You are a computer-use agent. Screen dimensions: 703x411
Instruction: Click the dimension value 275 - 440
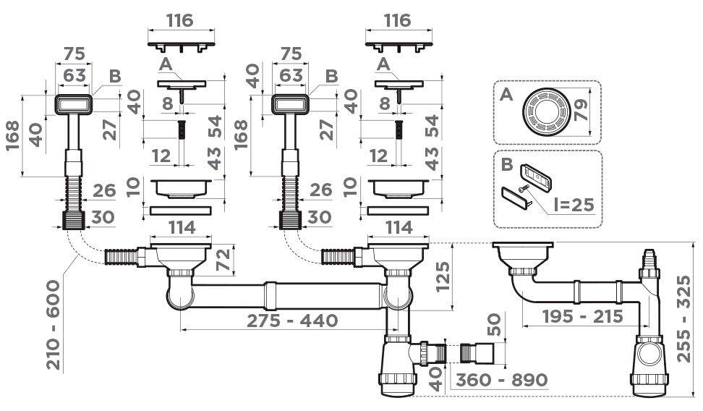tap(292, 321)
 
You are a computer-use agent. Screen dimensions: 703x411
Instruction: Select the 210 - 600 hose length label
tap(54, 325)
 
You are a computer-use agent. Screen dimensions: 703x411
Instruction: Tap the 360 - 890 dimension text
tap(502, 380)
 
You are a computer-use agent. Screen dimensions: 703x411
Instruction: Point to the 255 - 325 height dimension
tap(683, 319)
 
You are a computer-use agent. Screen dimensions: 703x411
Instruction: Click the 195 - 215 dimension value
tap(582, 316)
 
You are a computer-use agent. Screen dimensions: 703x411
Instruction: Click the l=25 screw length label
tap(574, 205)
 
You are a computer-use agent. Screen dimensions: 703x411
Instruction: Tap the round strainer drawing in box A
tap(546, 111)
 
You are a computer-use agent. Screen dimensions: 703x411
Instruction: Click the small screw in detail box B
tap(523, 190)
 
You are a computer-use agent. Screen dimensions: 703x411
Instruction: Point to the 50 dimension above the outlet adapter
tap(494, 324)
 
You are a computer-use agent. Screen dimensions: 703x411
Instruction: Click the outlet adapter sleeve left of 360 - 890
tap(477, 353)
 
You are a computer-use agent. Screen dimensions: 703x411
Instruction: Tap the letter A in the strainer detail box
tap(506, 94)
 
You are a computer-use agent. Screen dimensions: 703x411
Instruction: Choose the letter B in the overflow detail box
tap(506, 164)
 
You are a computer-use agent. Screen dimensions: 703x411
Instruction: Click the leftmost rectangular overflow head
tap(74, 104)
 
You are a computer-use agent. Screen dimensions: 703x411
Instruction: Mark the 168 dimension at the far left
tap(13, 135)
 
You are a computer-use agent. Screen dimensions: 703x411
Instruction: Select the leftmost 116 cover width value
tap(180, 20)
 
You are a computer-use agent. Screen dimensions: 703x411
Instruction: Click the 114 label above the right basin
tap(398, 228)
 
